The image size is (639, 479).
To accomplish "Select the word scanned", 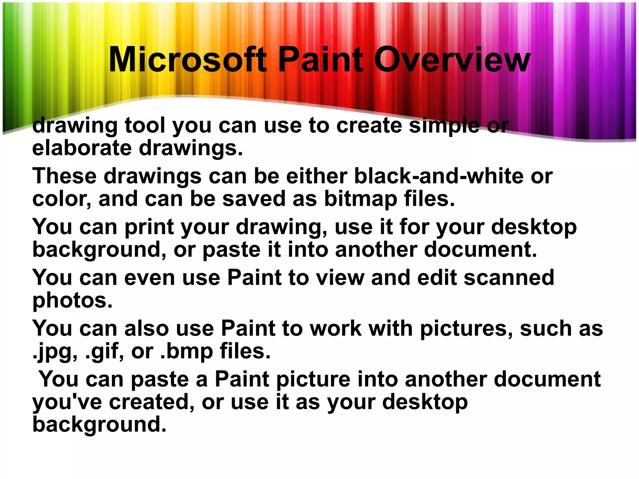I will (509, 277).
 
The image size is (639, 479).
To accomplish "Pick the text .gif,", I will (105, 352).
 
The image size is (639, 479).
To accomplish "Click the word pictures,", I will (466, 329).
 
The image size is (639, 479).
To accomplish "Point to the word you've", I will (67, 403).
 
